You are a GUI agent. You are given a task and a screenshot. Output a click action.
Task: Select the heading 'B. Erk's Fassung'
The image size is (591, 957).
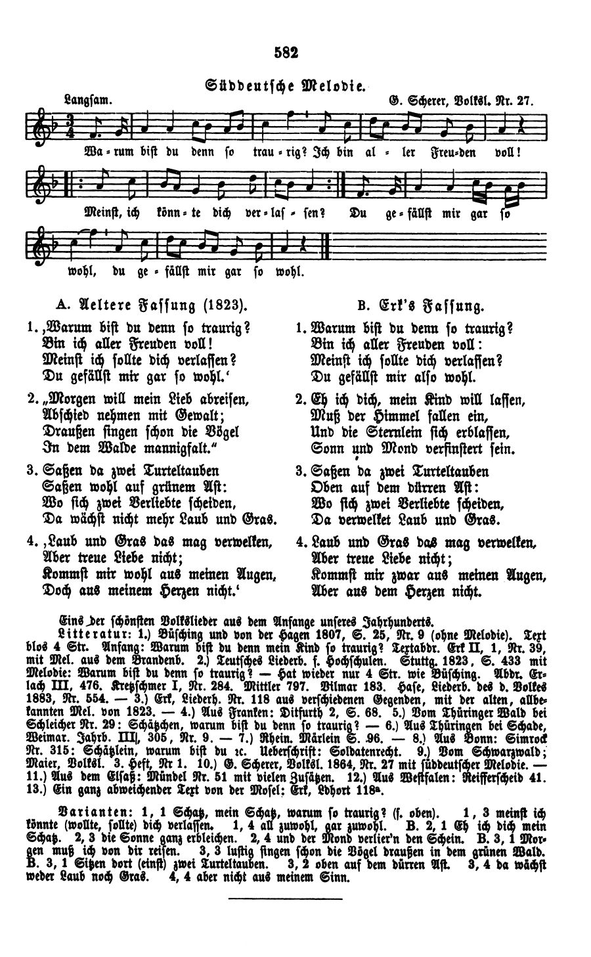[420, 305]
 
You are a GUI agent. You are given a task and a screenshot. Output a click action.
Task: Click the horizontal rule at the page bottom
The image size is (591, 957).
[286, 898]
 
